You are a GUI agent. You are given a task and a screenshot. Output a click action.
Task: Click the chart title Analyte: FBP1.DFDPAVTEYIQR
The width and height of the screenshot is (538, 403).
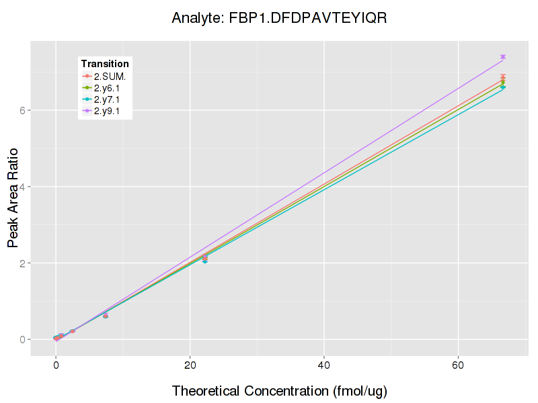pos(279,17)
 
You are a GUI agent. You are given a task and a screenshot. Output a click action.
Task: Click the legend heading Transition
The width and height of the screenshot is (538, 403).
pos(105,64)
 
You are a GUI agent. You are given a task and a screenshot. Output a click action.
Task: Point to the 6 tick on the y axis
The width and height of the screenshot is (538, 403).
pos(22,110)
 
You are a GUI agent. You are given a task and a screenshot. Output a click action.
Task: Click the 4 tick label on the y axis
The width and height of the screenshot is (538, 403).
pos(22,187)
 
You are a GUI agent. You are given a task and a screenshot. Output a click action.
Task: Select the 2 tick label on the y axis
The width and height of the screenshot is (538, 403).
pos(22,263)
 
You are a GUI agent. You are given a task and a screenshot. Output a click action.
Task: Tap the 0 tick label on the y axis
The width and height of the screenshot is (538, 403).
pos(22,340)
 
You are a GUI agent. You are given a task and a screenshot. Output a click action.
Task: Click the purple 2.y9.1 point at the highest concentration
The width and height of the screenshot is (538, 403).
pos(502,57)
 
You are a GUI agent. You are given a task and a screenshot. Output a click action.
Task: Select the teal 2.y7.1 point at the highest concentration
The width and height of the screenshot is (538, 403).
pos(502,87)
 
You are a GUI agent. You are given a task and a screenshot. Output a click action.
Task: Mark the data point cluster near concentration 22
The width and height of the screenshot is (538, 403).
pos(204,258)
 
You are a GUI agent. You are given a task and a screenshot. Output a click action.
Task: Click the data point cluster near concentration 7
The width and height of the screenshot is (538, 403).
pos(106,315)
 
